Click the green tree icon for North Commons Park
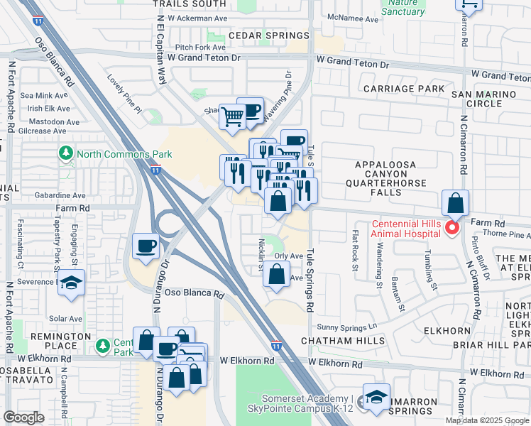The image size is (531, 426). click(x=66, y=154)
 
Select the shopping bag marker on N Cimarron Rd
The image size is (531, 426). click(x=455, y=203)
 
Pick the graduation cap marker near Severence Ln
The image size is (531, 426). click(x=71, y=283)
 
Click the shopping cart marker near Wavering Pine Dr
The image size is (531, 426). click(x=232, y=117)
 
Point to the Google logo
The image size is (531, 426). click(x=24, y=417)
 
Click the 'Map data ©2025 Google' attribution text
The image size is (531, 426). click(x=486, y=420)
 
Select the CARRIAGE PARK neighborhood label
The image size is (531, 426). click(x=403, y=89)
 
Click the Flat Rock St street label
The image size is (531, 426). click(x=354, y=250)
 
